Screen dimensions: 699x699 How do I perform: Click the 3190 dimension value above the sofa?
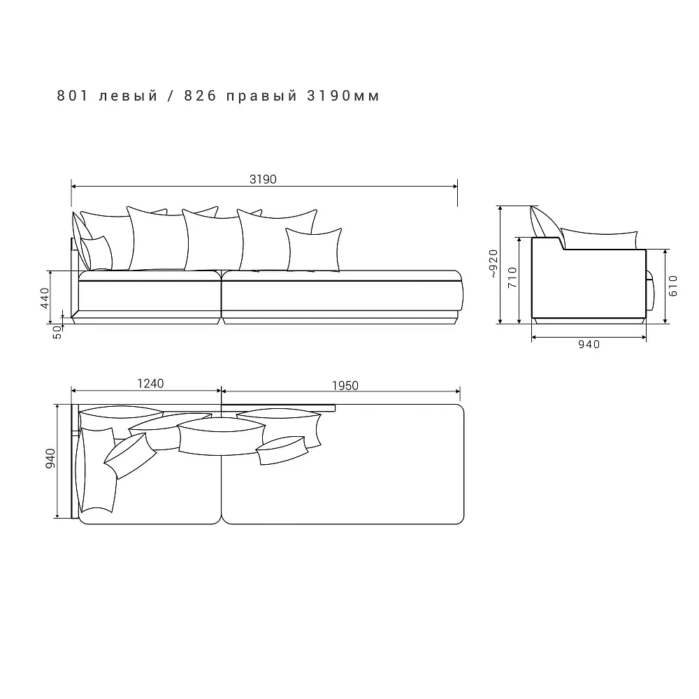(263, 179)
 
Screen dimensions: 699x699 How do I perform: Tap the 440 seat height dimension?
(45, 298)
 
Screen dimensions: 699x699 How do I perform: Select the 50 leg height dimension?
(57, 332)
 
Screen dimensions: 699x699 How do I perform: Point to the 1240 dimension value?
(150, 383)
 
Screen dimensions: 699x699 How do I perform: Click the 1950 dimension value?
(345, 386)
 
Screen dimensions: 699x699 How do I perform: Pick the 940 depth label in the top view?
(50, 459)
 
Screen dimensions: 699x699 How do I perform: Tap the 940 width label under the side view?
(589, 344)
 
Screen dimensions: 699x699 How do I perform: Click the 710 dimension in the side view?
(512, 277)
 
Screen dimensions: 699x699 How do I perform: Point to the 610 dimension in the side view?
(673, 286)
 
